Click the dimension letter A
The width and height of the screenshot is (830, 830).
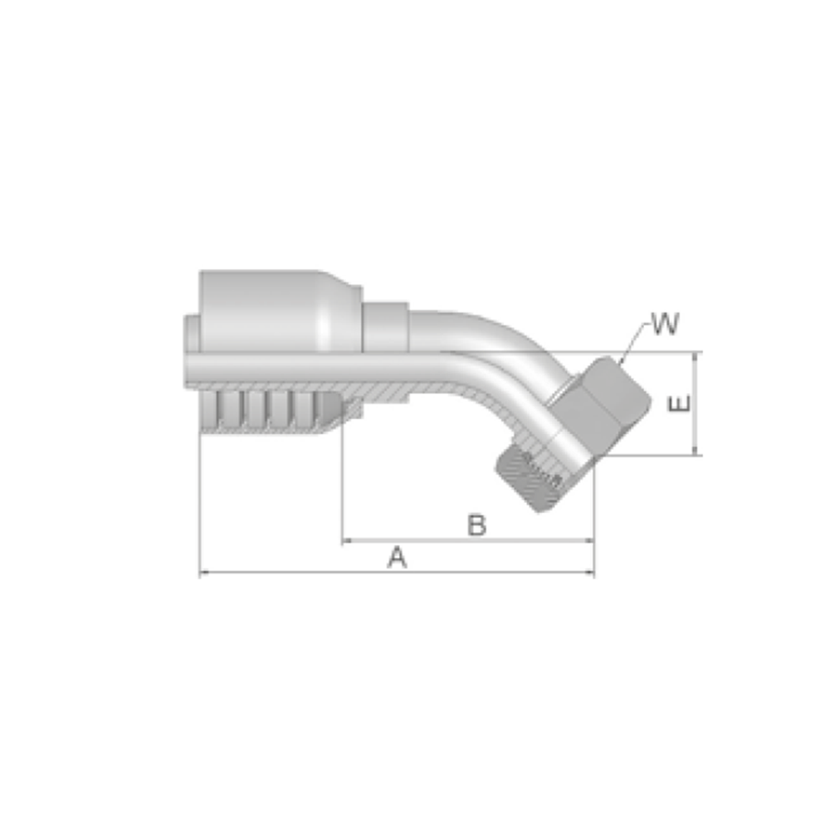click(397, 558)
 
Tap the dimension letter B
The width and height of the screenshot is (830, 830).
click(476, 525)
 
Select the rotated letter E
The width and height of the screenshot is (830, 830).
click(680, 403)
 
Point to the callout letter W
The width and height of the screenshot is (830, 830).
click(666, 324)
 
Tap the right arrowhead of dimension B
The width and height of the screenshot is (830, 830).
click(588, 540)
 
